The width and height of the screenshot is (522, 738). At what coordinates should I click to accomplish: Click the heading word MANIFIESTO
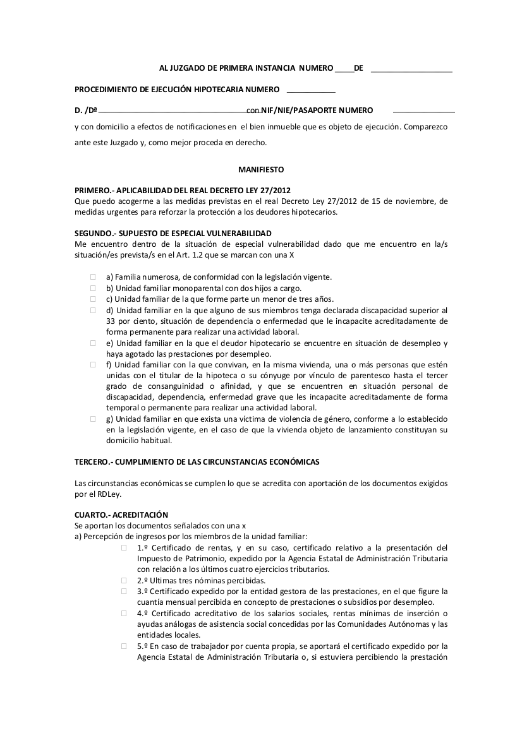[261, 170]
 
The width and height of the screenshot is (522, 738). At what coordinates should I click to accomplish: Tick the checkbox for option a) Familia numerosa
[92, 277]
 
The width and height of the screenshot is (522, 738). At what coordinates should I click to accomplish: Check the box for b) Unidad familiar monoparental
[92, 288]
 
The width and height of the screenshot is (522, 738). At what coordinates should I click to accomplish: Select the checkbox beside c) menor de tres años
[92, 299]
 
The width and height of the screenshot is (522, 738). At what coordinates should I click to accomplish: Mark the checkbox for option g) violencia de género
[92, 419]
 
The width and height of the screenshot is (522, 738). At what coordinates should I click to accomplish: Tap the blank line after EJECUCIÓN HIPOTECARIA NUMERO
[311, 92]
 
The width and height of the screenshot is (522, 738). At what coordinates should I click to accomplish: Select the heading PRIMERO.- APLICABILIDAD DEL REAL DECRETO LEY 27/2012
[183, 191]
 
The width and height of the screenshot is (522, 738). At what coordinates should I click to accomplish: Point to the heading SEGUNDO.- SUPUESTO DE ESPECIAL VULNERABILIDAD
[173, 233]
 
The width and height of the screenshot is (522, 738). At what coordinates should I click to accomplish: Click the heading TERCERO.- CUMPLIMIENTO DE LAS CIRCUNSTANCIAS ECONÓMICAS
[197, 461]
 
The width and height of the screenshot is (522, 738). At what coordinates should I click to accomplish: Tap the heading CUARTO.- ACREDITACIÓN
[121, 515]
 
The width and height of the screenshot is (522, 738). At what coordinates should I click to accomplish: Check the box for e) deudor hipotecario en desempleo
[92, 343]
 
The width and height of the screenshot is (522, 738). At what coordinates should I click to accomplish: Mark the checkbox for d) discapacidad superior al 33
[92, 310]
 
